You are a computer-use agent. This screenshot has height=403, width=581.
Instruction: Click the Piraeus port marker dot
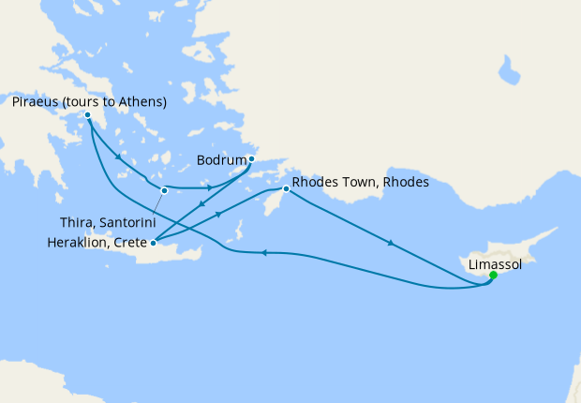click(87, 116)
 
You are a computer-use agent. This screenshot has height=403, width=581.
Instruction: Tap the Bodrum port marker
click(251, 159)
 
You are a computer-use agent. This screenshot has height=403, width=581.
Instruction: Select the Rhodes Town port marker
click(286, 190)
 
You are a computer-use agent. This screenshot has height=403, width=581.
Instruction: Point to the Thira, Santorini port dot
click(164, 191)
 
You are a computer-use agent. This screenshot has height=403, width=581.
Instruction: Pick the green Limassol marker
click(493, 276)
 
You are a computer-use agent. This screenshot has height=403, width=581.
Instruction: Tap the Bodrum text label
click(221, 159)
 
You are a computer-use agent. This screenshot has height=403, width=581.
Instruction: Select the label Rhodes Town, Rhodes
click(361, 183)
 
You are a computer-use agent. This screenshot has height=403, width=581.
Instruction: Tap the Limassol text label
click(495, 264)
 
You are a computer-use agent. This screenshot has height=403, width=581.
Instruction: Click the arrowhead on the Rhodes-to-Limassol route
click(389, 244)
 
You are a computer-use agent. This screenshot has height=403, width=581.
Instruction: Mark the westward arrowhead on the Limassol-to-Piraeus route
click(263, 252)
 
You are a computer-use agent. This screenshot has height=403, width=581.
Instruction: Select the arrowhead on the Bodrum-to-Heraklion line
click(201, 202)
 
